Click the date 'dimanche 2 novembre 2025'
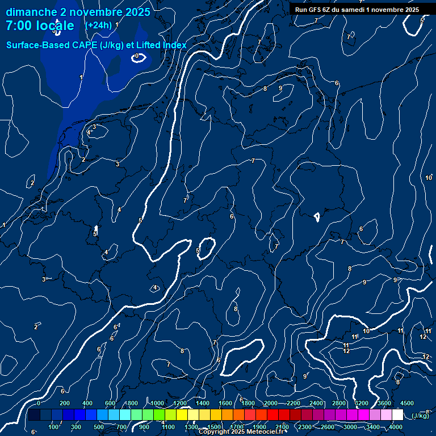click(x=78, y=12)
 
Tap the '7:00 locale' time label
click(x=40, y=26)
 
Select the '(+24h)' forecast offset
click(x=98, y=25)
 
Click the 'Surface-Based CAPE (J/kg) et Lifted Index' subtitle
click(x=96, y=45)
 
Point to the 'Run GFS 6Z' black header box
click(x=357, y=9)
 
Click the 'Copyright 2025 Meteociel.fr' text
click(x=244, y=431)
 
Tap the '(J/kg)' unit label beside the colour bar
click(x=421, y=416)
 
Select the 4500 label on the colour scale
click(x=407, y=403)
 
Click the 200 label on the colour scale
click(x=64, y=403)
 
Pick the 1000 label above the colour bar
click(x=157, y=403)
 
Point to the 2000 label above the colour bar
click(x=271, y=403)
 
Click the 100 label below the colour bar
click(x=53, y=427)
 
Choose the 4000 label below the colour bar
click(x=396, y=427)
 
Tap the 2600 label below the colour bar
click(x=328, y=427)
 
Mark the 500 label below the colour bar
click(x=99, y=427)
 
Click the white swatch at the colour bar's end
click(x=397, y=415)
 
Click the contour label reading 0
click(x=137, y=56)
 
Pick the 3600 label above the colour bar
click(x=384, y=403)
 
